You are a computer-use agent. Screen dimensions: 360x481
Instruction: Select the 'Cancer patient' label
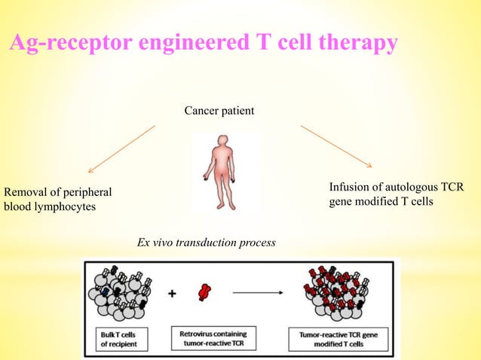click(219, 111)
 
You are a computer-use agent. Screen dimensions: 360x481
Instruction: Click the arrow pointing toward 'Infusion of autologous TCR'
click(336, 146)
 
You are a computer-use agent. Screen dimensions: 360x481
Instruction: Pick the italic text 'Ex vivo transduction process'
click(206, 243)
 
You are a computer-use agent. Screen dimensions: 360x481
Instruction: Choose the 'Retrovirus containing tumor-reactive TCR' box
click(219, 337)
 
